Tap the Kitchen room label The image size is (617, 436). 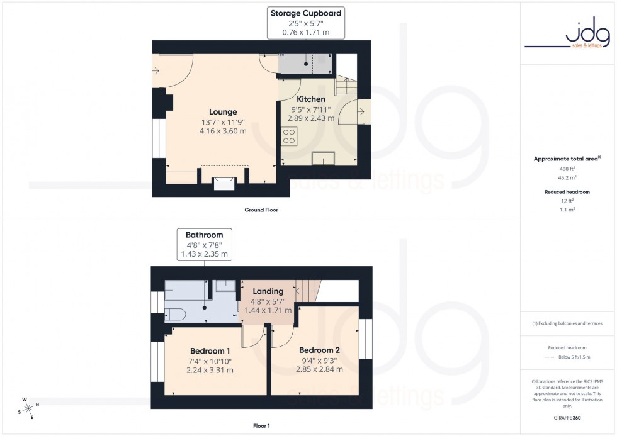pyautogui.click(x=311, y=99)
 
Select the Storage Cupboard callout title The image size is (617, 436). pyautogui.click(x=306, y=13)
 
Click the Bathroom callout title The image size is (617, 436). pyautogui.click(x=204, y=235)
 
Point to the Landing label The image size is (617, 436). pyautogui.click(x=268, y=291)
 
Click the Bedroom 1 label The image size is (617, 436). pyautogui.click(x=210, y=350)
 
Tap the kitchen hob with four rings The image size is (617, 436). pyautogui.click(x=289, y=137)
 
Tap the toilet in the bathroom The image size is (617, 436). pyautogui.click(x=174, y=314)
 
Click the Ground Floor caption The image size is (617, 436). pyautogui.click(x=261, y=210)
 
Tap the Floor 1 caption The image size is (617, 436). pyautogui.click(x=261, y=426)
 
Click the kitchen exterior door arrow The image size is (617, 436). pyautogui.click(x=361, y=112)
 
